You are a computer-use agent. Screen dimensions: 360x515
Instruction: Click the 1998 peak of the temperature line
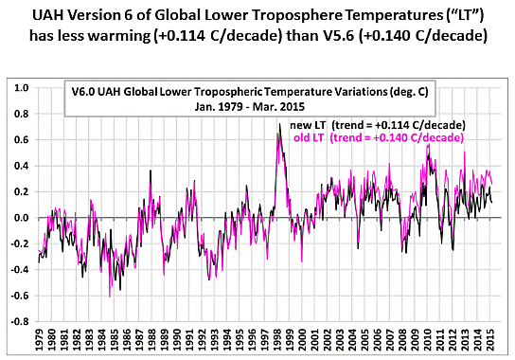pyautogui.click(x=278, y=124)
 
